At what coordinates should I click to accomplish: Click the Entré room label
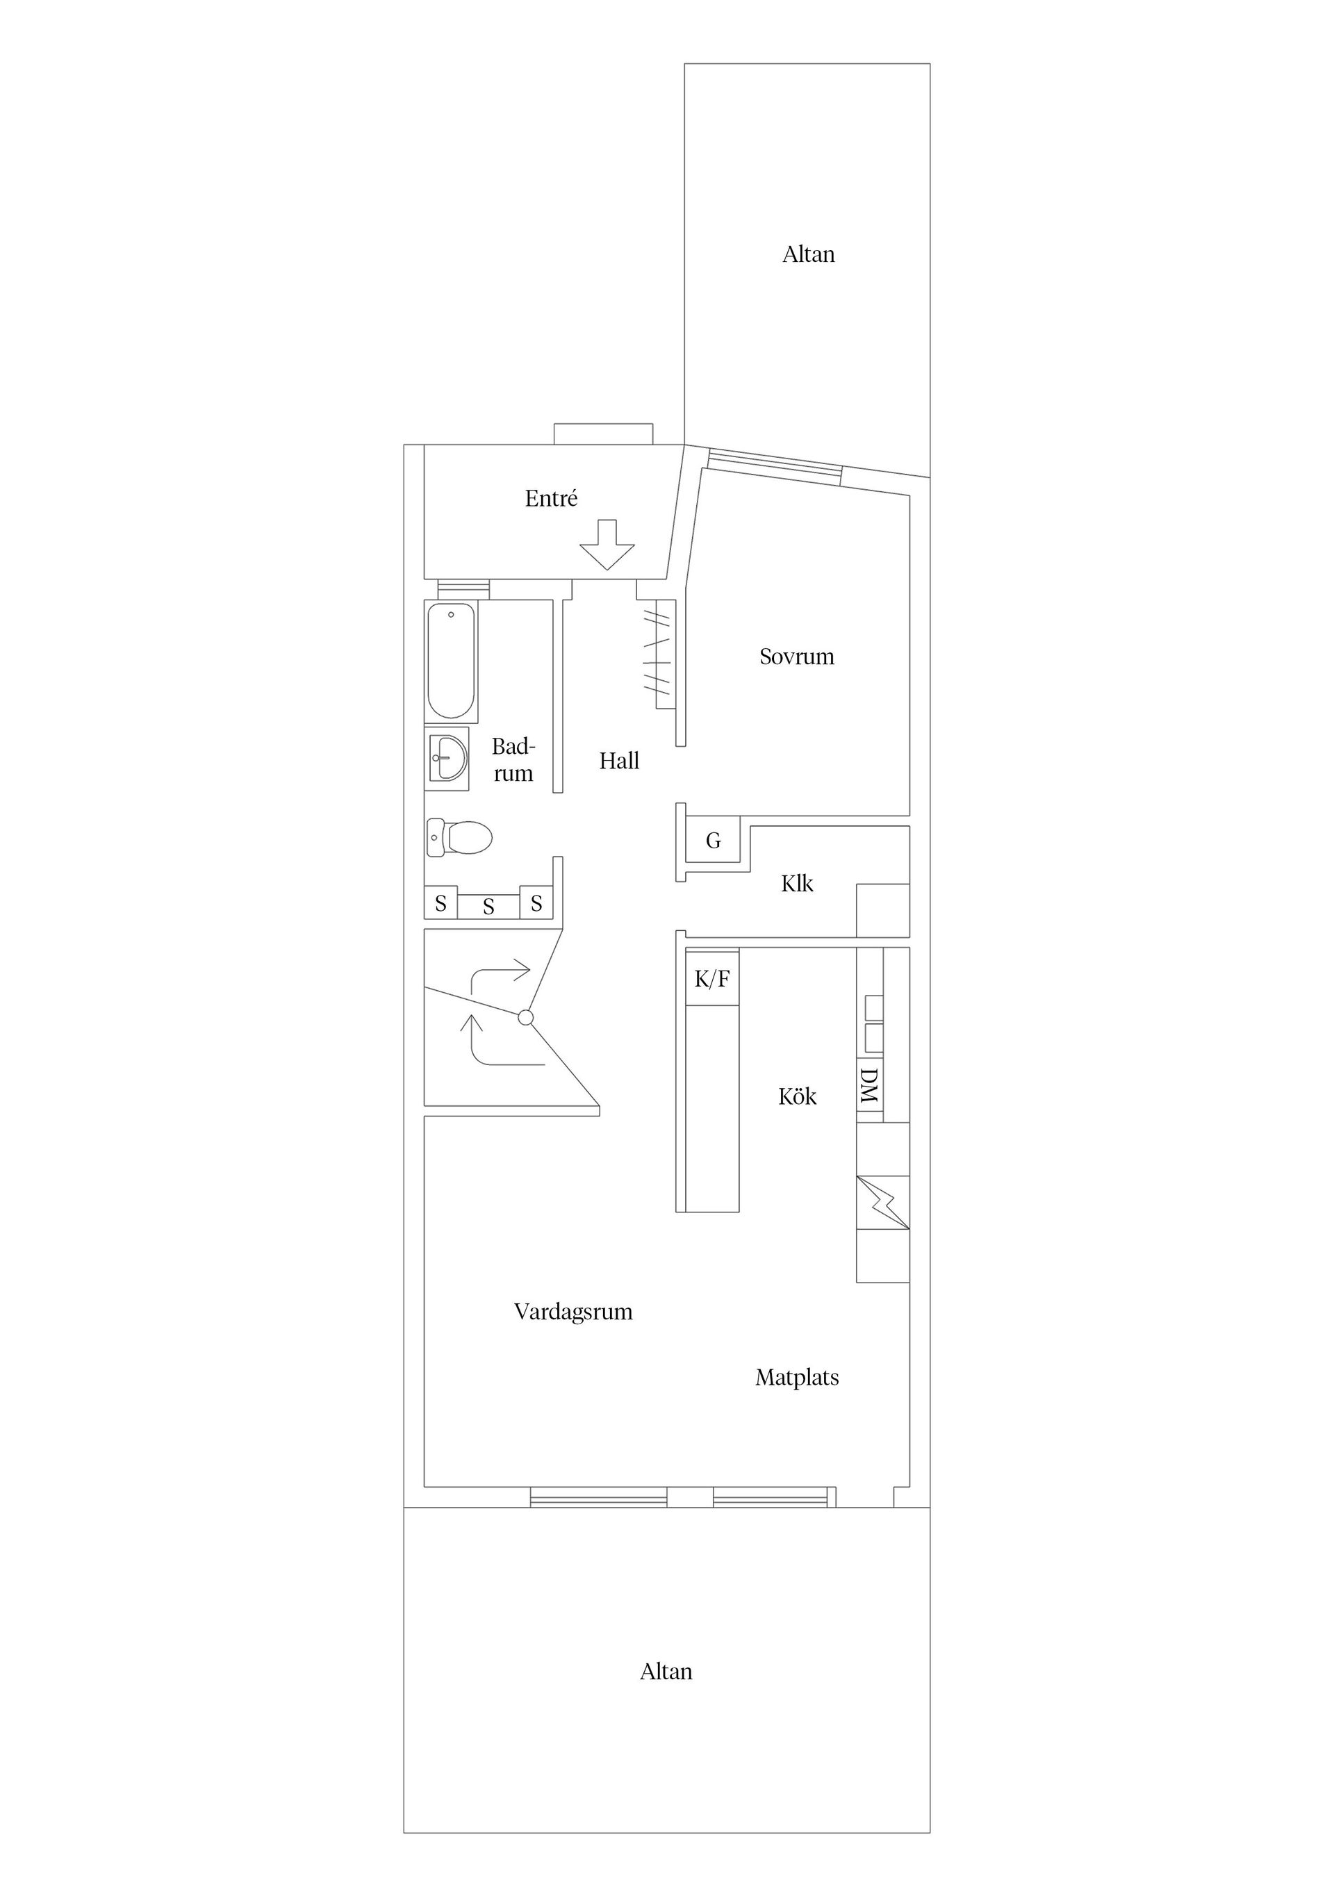tap(551, 498)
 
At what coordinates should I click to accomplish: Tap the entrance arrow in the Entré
tap(607, 545)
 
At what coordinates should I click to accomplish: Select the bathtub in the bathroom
tap(451, 661)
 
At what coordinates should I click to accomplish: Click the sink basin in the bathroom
tap(448, 758)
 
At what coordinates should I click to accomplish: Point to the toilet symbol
tap(459, 837)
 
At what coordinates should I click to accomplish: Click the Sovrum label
tap(796, 657)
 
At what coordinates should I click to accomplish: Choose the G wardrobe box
tap(713, 840)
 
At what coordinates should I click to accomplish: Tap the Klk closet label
tap(796, 884)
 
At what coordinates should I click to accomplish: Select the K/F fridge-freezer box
tap(711, 978)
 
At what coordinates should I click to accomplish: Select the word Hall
tap(619, 761)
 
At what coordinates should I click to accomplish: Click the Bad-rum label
tap(513, 759)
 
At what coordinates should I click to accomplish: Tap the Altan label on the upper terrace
tap(808, 255)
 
